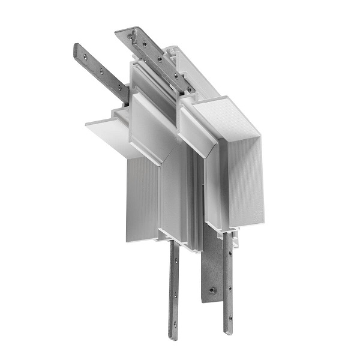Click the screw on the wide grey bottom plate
coord(211,290)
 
